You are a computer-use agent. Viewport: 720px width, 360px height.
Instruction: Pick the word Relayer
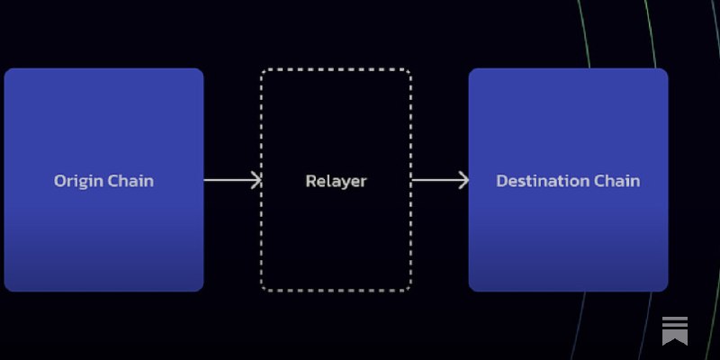point(336,181)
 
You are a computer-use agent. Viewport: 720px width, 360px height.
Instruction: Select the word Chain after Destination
point(617,181)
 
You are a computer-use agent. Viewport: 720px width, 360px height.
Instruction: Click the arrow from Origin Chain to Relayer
point(229,180)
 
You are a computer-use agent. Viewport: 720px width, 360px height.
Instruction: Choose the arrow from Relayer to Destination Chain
point(437,180)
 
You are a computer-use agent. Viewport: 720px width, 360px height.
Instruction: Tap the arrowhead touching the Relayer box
point(256,180)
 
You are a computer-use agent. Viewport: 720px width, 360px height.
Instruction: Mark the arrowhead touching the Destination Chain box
point(463,180)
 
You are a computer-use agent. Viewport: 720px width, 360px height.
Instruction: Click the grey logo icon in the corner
point(675,329)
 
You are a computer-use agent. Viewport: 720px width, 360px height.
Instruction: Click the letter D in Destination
point(502,181)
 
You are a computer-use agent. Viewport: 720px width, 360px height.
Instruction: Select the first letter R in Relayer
point(310,181)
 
